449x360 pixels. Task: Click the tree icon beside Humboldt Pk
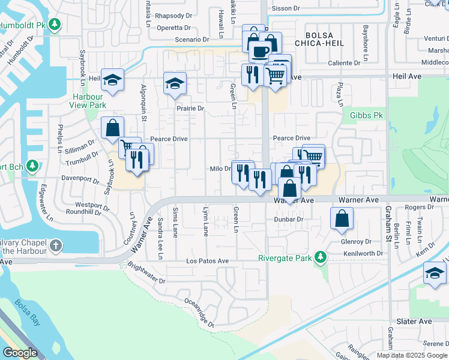(55, 25)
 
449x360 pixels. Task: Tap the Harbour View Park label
(89, 101)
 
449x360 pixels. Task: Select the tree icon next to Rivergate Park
(321, 258)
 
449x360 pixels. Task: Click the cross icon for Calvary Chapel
(55, 245)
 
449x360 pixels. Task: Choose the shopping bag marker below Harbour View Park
(112, 127)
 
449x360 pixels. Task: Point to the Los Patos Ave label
(207, 261)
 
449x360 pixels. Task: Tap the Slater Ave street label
(414, 322)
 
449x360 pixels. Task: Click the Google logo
(20, 353)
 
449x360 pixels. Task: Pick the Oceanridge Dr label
(199, 313)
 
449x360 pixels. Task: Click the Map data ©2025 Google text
(412, 355)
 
